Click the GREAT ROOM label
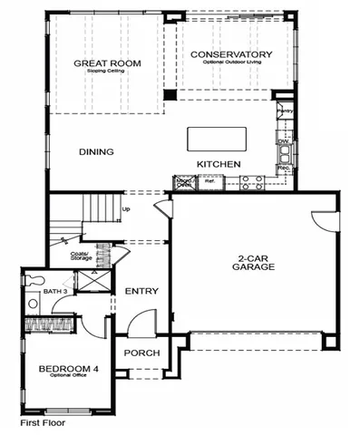[97, 63]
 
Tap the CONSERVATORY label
[231, 54]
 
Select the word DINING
[96, 151]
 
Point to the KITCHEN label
[219, 163]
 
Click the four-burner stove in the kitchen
[250, 182]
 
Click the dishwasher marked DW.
[284, 142]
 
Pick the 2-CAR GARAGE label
[247, 263]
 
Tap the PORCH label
[141, 353]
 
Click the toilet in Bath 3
[32, 304]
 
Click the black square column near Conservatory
[169, 94]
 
